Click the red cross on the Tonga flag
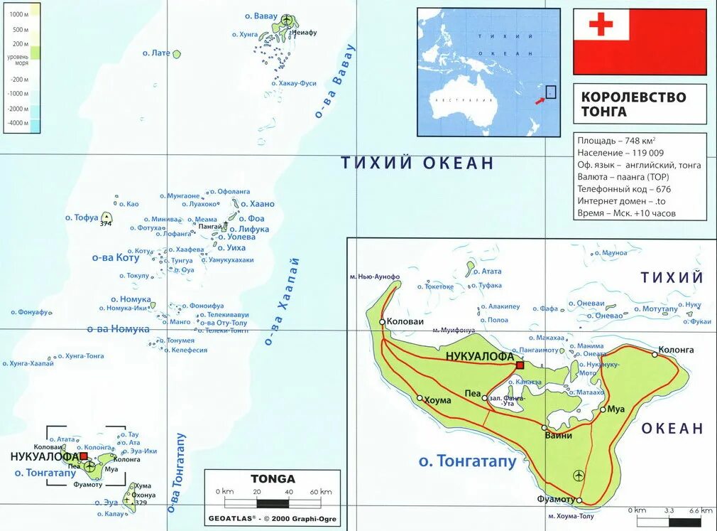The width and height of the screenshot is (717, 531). click(601, 25)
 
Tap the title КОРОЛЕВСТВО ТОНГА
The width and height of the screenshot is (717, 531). click(633, 104)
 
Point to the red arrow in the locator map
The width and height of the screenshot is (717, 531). click(540, 100)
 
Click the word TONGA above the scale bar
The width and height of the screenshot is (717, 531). click(273, 478)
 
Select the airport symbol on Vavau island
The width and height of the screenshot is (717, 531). click(287, 19)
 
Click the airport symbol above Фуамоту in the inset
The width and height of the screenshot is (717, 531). click(579, 475)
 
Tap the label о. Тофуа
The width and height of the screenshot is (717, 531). click(82, 218)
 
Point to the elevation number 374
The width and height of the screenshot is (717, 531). click(106, 225)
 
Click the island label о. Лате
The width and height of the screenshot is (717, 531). click(156, 53)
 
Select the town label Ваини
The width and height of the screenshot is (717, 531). click(558, 436)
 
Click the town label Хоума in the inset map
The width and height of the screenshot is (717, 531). click(437, 400)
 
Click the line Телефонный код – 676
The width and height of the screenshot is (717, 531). click(624, 189)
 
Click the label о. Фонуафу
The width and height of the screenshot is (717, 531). click(28, 312)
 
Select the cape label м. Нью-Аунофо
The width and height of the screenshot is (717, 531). click(375, 277)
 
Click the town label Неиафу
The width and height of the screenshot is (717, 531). click(304, 33)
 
